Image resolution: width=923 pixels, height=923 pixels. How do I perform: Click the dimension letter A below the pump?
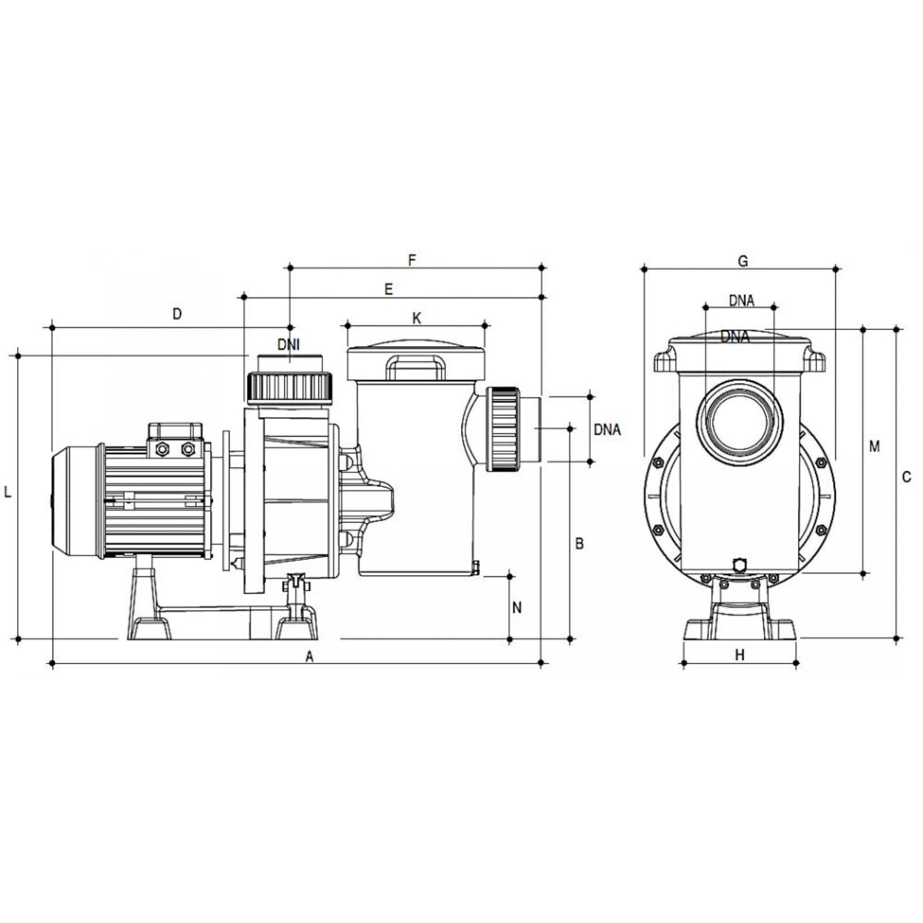point(309,656)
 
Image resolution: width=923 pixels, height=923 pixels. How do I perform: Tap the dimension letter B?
point(579,543)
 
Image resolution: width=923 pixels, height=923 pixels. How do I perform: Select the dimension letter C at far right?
point(906,477)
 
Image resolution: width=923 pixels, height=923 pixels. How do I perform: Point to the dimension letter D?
point(177,314)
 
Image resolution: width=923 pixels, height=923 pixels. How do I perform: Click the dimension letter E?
point(388,289)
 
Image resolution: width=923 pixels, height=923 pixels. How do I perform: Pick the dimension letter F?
point(412,260)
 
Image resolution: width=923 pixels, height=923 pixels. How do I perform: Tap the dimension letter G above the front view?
point(743,261)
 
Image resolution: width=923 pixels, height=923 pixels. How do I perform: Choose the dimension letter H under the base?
point(740,655)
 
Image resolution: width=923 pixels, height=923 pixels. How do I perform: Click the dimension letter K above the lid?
point(417,318)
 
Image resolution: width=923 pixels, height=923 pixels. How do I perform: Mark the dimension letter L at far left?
point(7,492)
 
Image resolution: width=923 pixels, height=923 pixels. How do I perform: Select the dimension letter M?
point(875,446)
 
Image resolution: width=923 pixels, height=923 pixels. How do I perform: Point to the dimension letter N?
point(517,607)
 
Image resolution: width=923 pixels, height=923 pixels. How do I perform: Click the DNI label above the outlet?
point(288,345)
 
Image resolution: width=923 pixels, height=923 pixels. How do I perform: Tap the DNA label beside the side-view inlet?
point(607,429)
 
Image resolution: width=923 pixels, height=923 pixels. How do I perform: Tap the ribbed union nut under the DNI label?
point(290,387)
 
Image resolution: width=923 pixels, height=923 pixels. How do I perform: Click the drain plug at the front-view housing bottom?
point(739,564)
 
